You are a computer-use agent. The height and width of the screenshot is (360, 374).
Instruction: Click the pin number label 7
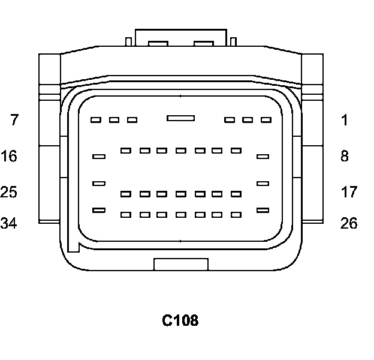(x=14, y=120)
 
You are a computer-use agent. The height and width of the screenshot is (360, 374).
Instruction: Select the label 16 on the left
(x=9, y=157)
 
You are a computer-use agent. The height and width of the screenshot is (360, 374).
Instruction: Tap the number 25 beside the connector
(x=9, y=193)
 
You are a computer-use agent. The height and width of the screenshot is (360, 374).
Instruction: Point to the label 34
(x=9, y=224)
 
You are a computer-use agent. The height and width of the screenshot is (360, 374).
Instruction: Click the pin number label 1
(x=345, y=120)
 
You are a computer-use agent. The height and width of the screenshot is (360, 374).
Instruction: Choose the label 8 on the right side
(x=345, y=157)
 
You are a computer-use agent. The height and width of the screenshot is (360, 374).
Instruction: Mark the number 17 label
(x=349, y=193)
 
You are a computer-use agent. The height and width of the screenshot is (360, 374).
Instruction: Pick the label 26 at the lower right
(x=349, y=224)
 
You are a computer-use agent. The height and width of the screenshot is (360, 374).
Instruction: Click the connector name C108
(x=180, y=321)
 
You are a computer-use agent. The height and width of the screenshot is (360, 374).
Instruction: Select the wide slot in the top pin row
(x=180, y=118)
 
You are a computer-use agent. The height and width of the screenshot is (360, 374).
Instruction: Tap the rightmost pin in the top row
(x=266, y=120)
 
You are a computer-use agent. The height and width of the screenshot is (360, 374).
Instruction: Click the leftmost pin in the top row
(x=95, y=120)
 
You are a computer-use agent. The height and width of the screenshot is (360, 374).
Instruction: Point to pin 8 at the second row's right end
(x=263, y=157)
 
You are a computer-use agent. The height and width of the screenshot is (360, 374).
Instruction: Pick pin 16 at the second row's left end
(x=99, y=157)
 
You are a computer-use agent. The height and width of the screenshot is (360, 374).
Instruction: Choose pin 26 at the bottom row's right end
(x=263, y=210)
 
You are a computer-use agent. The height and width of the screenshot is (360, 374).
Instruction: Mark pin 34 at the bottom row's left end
(x=99, y=210)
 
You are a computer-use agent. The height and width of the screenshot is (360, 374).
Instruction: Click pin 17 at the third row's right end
(x=263, y=183)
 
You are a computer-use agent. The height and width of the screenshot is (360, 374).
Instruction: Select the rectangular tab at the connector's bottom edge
(x=181, y=264)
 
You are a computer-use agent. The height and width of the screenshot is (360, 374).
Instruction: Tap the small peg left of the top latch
(x=128, y=41)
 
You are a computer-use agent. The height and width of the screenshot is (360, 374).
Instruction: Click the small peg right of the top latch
(x=233, y=41)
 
